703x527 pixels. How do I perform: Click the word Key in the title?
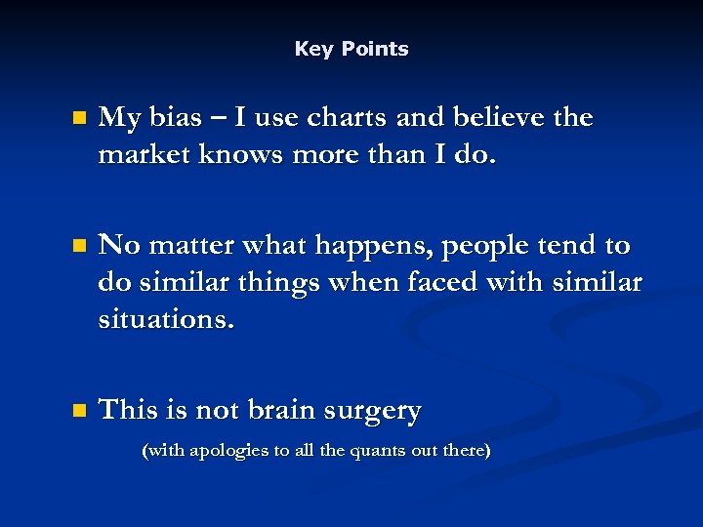click(313, 49)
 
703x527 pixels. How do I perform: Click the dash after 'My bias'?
click(216, 119)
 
